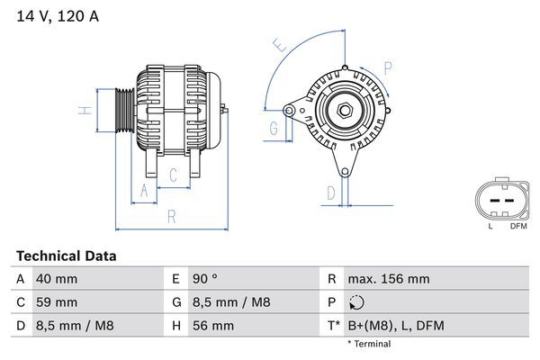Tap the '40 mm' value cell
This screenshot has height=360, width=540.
click(56, 279)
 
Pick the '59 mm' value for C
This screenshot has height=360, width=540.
click(56, 302)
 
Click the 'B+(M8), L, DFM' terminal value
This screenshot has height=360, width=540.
click(395, 325)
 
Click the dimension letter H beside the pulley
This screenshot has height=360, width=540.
click(83, 111)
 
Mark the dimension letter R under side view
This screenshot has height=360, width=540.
click(170, 216)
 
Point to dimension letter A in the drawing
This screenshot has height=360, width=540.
click(141, 189)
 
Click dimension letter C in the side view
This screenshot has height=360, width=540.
click(173, 175)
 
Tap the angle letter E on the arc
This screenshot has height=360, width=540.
click(280, 45)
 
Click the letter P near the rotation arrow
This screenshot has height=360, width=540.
click(388, 67)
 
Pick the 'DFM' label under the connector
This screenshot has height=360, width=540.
click(518, 226)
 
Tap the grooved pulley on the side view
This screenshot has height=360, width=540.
click(124, 111)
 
